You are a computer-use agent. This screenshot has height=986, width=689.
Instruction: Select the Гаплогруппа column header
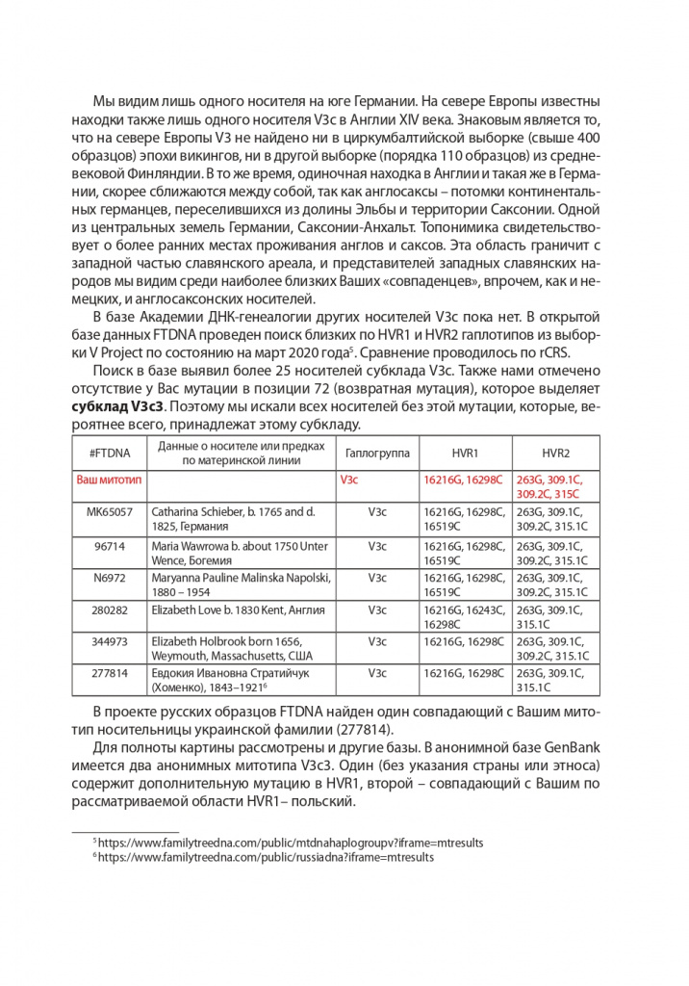point(376,453)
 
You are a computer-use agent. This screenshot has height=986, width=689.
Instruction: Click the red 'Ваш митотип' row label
point(110,479)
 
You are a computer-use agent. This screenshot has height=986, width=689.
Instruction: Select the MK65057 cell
point(110,512)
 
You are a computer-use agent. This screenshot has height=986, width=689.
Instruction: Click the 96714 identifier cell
point(110,546)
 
